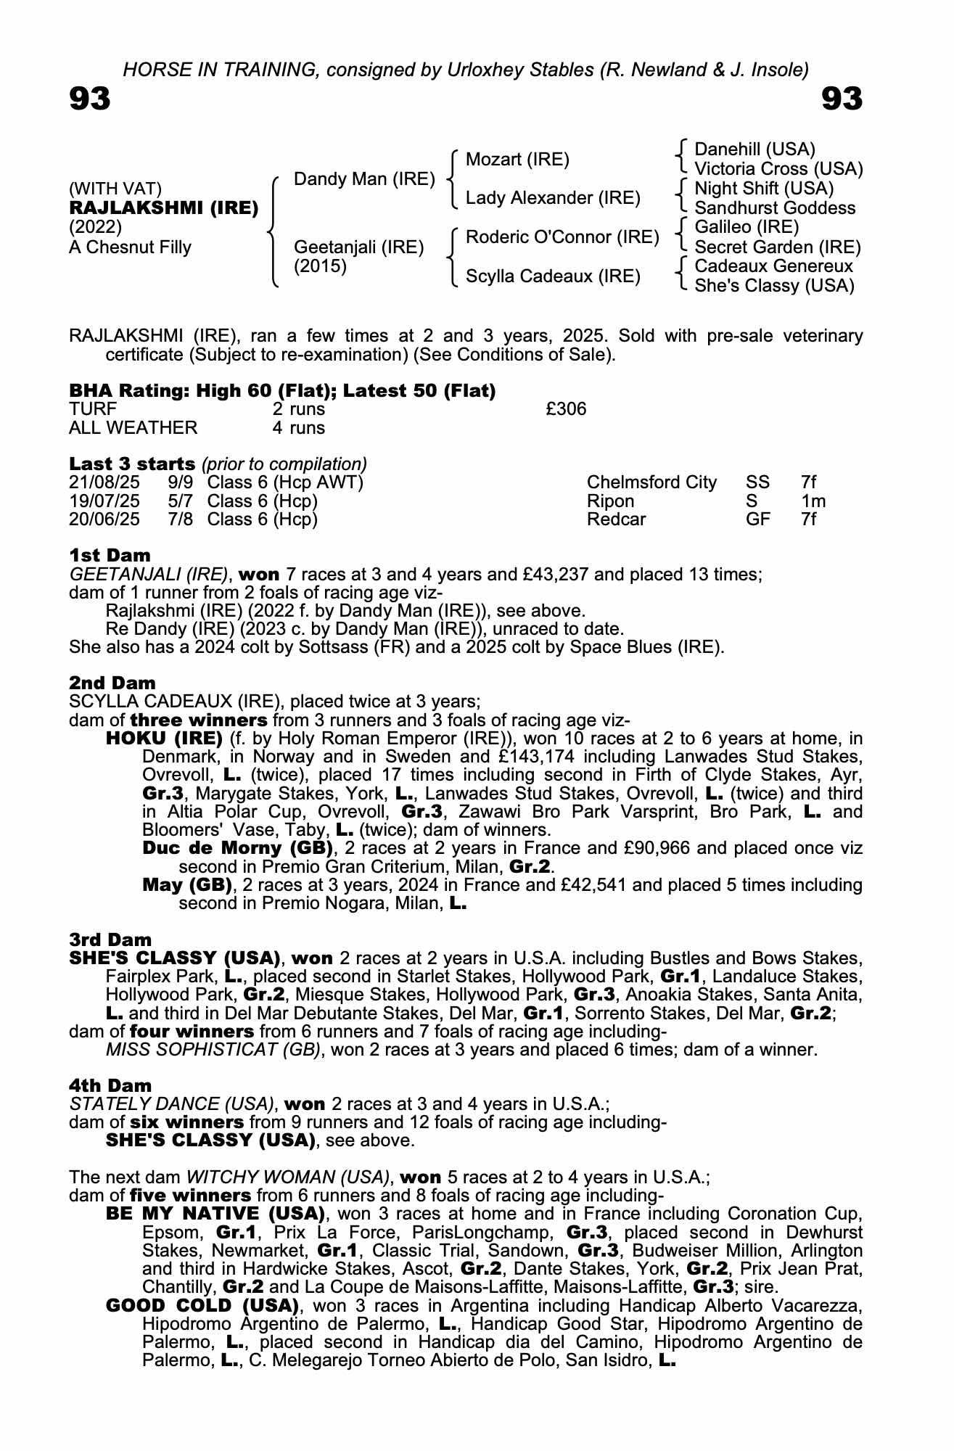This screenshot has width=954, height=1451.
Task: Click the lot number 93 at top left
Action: point(90,99)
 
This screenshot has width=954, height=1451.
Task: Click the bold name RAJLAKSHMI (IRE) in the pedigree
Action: point(163,208)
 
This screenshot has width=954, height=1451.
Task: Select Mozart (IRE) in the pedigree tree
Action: point(517,160)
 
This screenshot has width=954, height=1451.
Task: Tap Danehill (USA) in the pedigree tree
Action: point(754,149)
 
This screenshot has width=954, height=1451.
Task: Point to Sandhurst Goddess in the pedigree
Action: point(775,208)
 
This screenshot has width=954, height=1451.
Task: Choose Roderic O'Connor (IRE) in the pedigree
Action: point(562,237)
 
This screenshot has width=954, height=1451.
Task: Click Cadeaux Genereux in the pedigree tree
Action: point(773,266)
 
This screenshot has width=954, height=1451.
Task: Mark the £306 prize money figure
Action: point(566,409)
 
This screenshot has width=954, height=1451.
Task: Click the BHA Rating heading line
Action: point(282,391)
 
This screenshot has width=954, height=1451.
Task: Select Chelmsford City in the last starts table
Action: point(651,482)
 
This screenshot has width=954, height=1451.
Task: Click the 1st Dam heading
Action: point(110,556)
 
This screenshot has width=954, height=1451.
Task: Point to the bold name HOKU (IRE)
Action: point(164,739)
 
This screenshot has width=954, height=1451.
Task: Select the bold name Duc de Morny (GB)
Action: point(238,848)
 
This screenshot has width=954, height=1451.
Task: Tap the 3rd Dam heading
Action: point(110,940)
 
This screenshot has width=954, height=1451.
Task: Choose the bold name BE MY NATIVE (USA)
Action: point(215,1214)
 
